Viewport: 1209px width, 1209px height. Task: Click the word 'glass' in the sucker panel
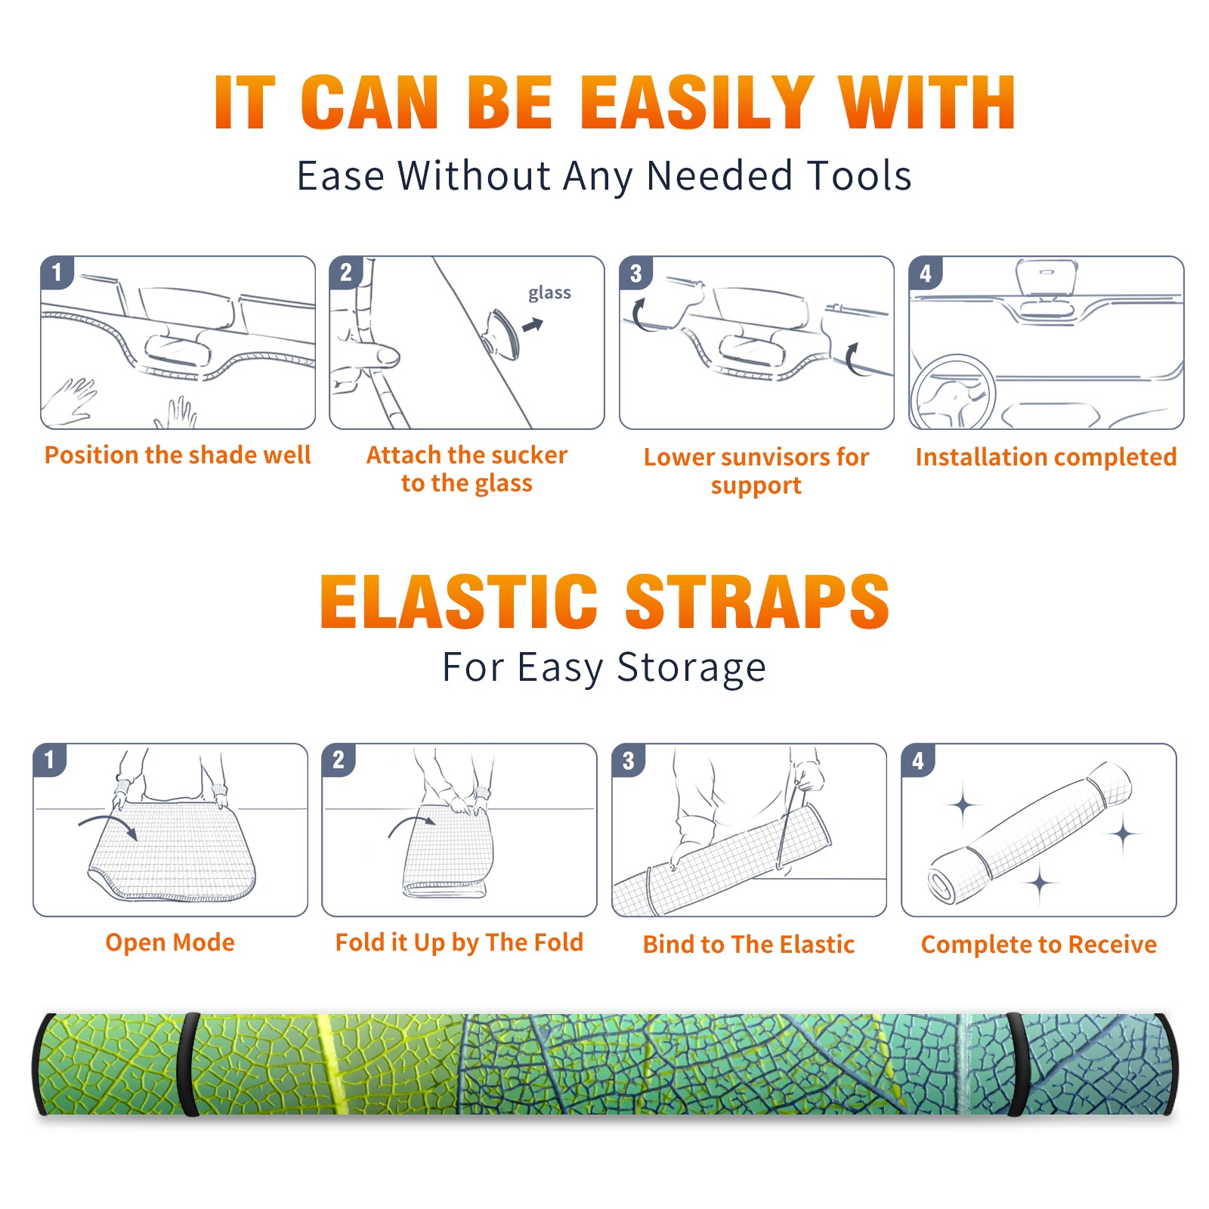click(x=549, y=293)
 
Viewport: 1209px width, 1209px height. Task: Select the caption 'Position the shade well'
click(x=178, y=455)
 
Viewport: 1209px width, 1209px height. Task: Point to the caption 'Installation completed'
click(x=1046, y=457)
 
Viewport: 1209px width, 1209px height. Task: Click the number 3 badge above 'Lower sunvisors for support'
click(x=635, y=274)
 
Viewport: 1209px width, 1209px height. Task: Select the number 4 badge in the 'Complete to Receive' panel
click(x=918, y=760)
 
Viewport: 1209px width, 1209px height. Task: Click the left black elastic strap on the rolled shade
click(x=189, y=1064)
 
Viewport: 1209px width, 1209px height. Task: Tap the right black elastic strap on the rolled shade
click(x=1017, y=1064)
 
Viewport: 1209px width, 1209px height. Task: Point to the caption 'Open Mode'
click(x=170, y=942)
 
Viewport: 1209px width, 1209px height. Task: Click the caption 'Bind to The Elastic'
click(x=749, y=945)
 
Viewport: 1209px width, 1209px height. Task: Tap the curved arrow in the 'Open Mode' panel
click(x=108, y=825)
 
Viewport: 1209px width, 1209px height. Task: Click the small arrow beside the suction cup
click(x=533, y=325)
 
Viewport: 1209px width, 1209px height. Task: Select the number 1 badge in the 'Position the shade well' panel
click(x=57, y=272)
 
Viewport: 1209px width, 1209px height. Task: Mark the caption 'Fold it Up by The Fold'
click(x=459, y=943)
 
